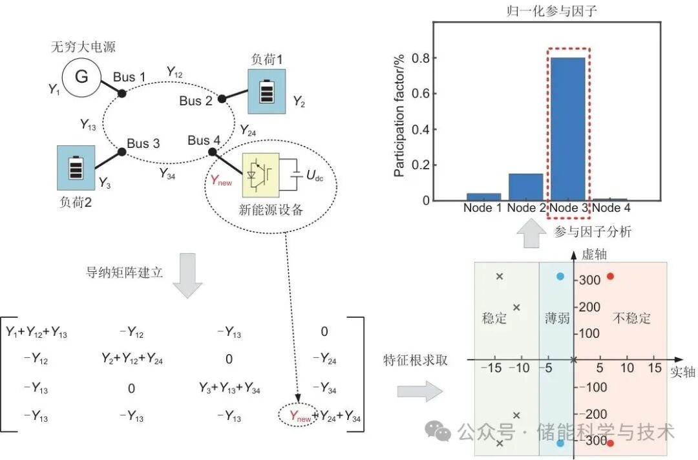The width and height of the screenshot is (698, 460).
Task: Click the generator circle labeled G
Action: coord(81,78)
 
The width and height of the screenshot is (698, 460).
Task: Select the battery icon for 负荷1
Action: coord(266,92)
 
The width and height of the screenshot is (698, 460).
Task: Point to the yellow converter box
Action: coord(260,174)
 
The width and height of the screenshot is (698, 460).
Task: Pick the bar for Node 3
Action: coord(568,129)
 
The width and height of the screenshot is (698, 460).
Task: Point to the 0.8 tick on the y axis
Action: coord(421,57)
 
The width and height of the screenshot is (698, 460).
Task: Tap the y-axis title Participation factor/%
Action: coord(399,115)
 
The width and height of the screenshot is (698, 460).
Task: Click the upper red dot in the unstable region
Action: coord(610,277)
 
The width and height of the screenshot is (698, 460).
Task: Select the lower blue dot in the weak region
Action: coord(560,443)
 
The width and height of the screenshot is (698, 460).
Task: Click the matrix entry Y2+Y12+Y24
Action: coord(132,360)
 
